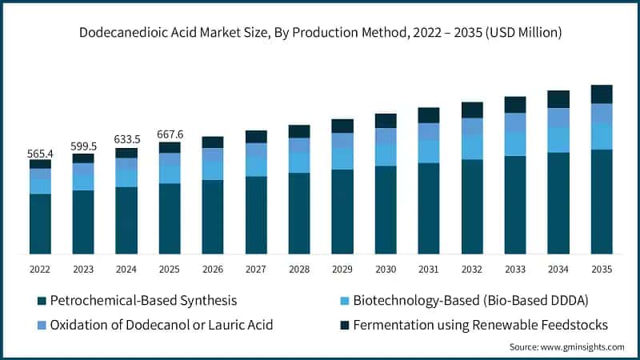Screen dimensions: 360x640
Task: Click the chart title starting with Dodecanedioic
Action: (320, 33)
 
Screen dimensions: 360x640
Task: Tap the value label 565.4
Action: (40, 153)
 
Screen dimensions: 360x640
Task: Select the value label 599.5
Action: (83, 146)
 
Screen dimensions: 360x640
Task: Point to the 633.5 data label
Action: (126, 140)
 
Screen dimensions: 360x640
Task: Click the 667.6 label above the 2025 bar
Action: (170, 134)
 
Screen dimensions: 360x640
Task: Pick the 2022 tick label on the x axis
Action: (40, 270)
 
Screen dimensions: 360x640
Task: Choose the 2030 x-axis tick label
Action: (386, 270)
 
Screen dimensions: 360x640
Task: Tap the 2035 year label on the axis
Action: (602, 270)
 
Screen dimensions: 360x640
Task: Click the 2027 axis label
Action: (256, 270)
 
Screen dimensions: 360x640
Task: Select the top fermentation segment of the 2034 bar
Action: (558, 99)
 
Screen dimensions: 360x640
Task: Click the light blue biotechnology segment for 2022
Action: (40, 186)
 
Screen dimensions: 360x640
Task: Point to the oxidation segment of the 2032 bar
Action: (472, 126)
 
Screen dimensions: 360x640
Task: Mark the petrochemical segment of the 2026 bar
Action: (213, 217)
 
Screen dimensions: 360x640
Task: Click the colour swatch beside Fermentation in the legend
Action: (345, 324)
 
